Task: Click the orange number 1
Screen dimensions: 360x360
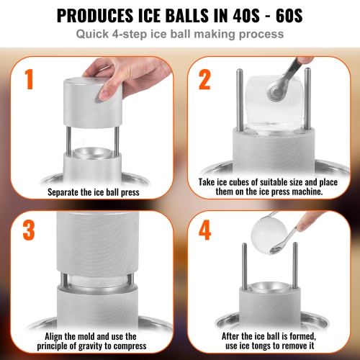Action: (x=29, y=79)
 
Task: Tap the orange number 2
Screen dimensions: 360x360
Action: (x=206, y=79)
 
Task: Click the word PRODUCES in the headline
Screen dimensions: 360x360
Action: (x=102, y=15)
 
